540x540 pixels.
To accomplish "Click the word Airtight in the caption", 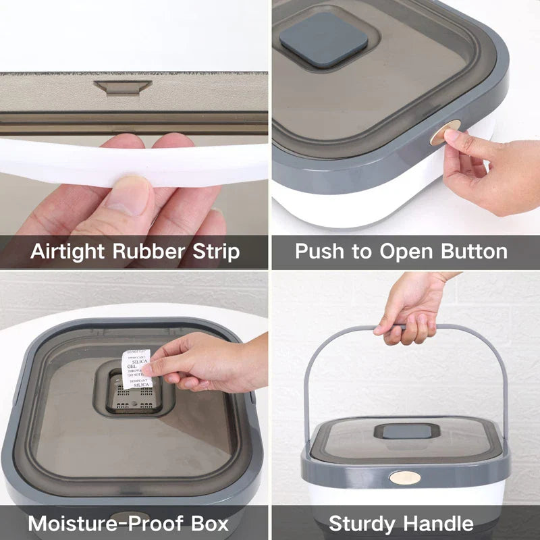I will click(x=68, y=252).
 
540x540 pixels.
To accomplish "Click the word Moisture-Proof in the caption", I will click(x=97, y=524).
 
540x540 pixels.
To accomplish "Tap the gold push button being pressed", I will click(x=445, y=134).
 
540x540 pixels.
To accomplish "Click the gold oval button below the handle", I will click(x=405, y=477).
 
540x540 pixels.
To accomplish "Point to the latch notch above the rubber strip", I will click(x=122, y=87).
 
